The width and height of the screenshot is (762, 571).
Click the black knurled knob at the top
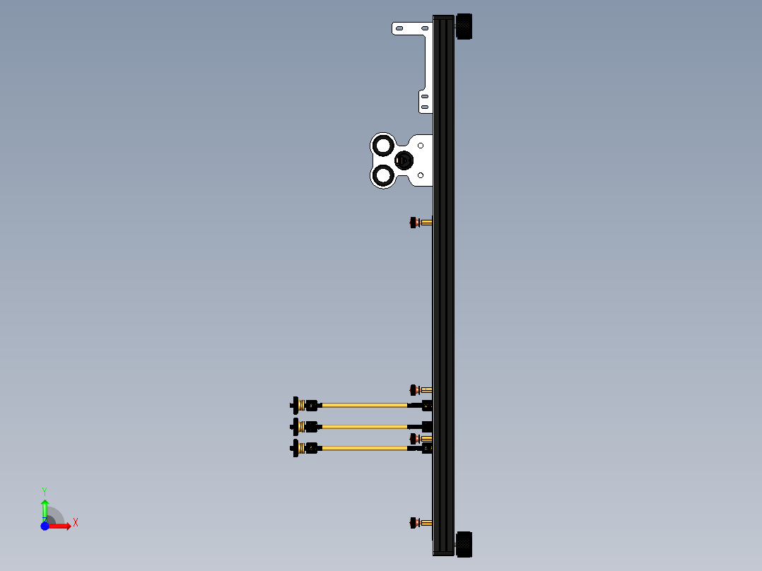click(x=464, y=27)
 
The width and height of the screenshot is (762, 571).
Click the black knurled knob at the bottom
click(x=464, y=543)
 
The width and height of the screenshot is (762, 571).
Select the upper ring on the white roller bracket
click(x=383, y=146)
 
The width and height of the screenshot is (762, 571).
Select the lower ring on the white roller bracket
click(x=383, y=174)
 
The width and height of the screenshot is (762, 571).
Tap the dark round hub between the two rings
click(x=404, y=160)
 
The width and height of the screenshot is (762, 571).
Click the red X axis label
click(x=76, y=523)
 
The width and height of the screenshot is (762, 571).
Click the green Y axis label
click(x=45, y=490)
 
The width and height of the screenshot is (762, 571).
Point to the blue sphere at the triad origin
click(x=45, y=526)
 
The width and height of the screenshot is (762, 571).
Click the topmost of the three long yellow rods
click(x=364, y=405)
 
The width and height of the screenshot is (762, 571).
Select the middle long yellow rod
click(x=364, y=426)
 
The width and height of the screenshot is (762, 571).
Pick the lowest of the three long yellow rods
click(x=364, y=447)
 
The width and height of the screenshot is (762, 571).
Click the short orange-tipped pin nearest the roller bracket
click(x=421, y=223)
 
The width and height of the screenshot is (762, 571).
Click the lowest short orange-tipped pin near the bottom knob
click(x=421, y=523)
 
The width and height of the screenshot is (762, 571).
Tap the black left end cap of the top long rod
click(x=295, y=405)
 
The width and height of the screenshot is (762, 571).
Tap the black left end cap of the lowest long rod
click(x=295, y=447)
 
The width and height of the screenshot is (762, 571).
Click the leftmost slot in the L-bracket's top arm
click(x=399, y=28)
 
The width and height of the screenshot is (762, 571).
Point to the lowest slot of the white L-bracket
click(x=425, y=107)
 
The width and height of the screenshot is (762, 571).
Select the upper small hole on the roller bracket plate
click(x=422, y=144)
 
